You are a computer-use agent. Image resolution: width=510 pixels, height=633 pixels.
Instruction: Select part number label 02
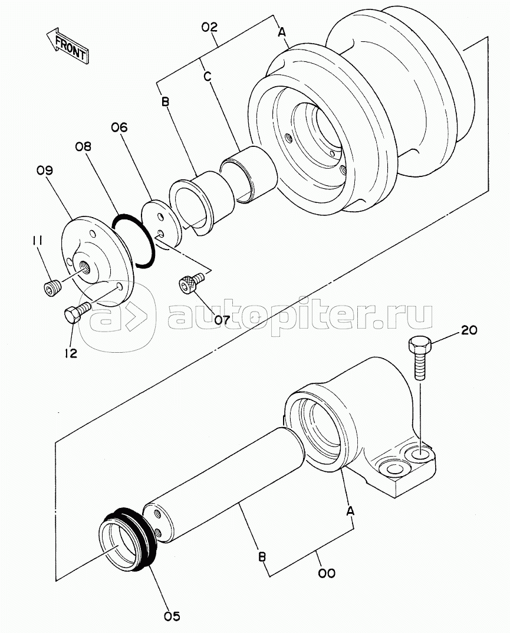(209, 28)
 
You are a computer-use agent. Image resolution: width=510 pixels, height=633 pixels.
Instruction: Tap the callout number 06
(119, 127)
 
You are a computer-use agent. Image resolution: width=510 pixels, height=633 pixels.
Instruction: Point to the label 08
(83, 146)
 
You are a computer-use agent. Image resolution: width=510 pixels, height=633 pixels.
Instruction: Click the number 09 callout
(44, 170)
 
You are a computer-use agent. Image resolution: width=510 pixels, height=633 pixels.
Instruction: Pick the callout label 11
(38, 241)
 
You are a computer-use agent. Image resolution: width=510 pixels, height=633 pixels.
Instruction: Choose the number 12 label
(71, 353)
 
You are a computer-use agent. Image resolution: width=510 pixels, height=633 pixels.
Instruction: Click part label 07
(222, 320)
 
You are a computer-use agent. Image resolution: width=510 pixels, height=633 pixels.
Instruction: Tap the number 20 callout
(469, 330)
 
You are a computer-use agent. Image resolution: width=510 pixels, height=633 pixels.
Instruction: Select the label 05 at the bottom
(172, 616)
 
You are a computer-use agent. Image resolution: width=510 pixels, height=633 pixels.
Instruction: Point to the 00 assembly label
(327, 573)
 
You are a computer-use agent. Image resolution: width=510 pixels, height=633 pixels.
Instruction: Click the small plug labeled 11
(51, 288)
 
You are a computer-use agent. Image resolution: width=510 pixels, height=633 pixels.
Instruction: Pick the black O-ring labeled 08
(133, 241)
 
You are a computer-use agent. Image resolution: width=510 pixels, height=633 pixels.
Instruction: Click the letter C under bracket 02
(208, 76)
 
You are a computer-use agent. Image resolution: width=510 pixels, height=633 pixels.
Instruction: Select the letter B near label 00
(262, 557)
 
